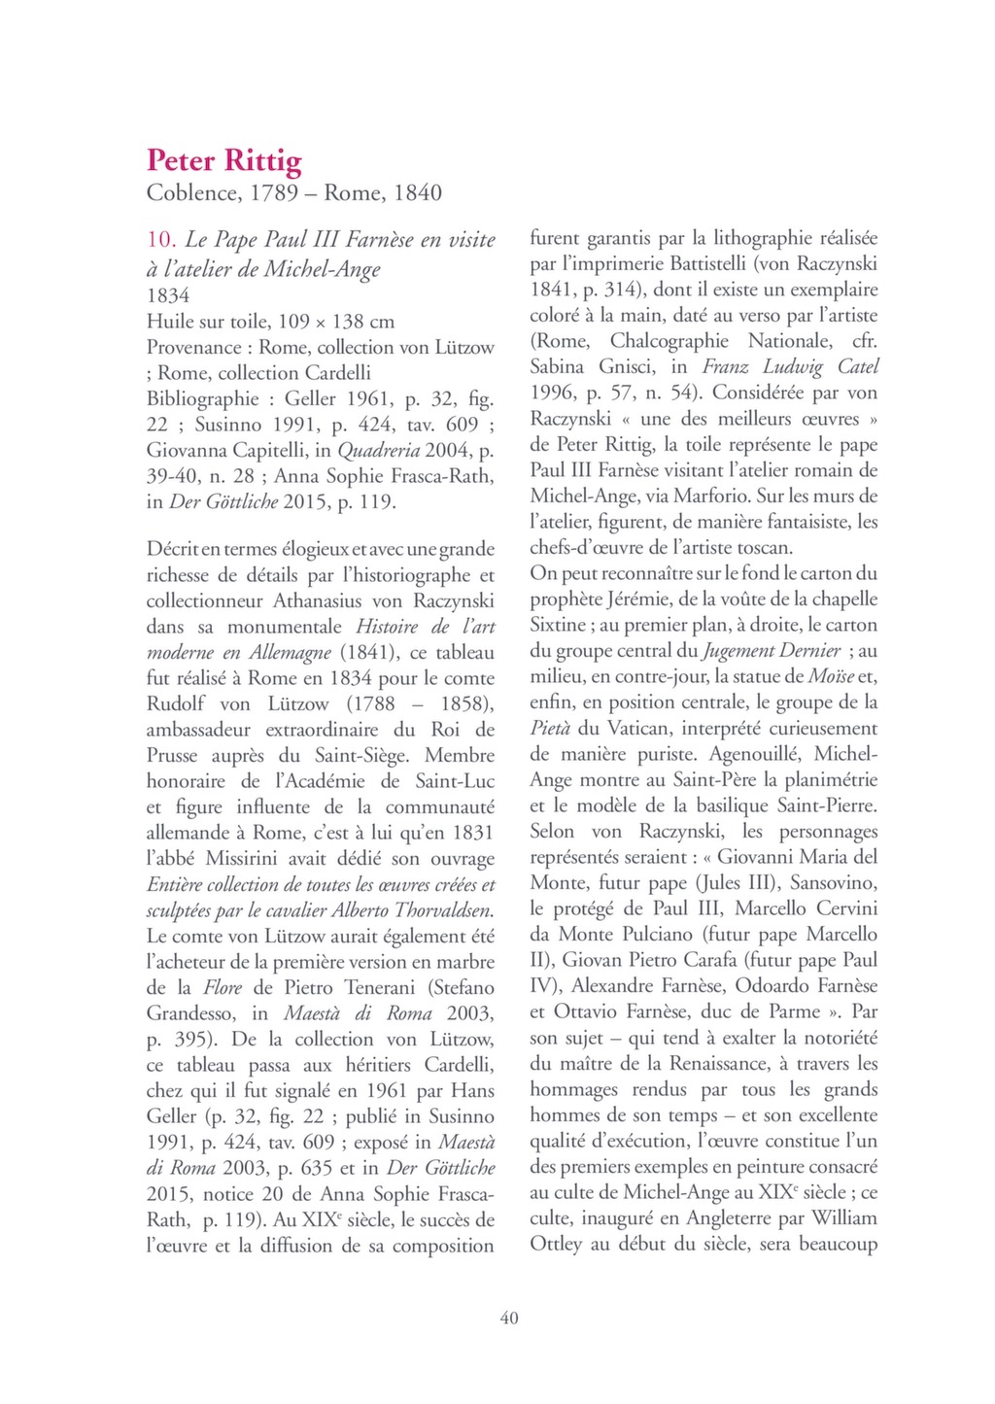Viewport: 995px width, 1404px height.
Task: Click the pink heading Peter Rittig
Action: click(x=223, y=160)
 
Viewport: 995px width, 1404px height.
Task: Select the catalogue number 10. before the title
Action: click(x=160, y=240)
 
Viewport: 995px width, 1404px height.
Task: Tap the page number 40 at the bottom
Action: click(x=508, y=1318)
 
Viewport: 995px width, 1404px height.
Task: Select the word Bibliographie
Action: click(x=202, y=399)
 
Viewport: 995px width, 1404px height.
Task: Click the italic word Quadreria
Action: click(x=378, y=451)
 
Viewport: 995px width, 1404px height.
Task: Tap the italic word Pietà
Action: click(x=549, y=729)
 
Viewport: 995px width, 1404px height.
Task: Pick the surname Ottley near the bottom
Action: click(x=556, y=1245)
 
